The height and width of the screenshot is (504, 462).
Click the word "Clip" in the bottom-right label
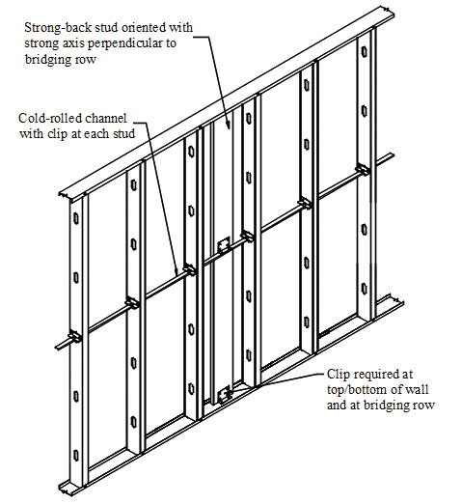(339, 375)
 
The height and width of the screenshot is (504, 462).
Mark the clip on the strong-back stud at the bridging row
(224, 245)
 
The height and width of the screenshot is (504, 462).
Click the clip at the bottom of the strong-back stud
(225, 395)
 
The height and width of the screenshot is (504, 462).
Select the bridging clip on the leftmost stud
(75, 337)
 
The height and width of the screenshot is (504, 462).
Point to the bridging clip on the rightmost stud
(363, 169)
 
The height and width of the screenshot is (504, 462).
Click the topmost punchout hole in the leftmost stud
(76, 218)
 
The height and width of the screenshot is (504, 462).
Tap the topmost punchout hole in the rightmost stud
(364, 52)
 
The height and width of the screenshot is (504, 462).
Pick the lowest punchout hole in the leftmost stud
(76, 456)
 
